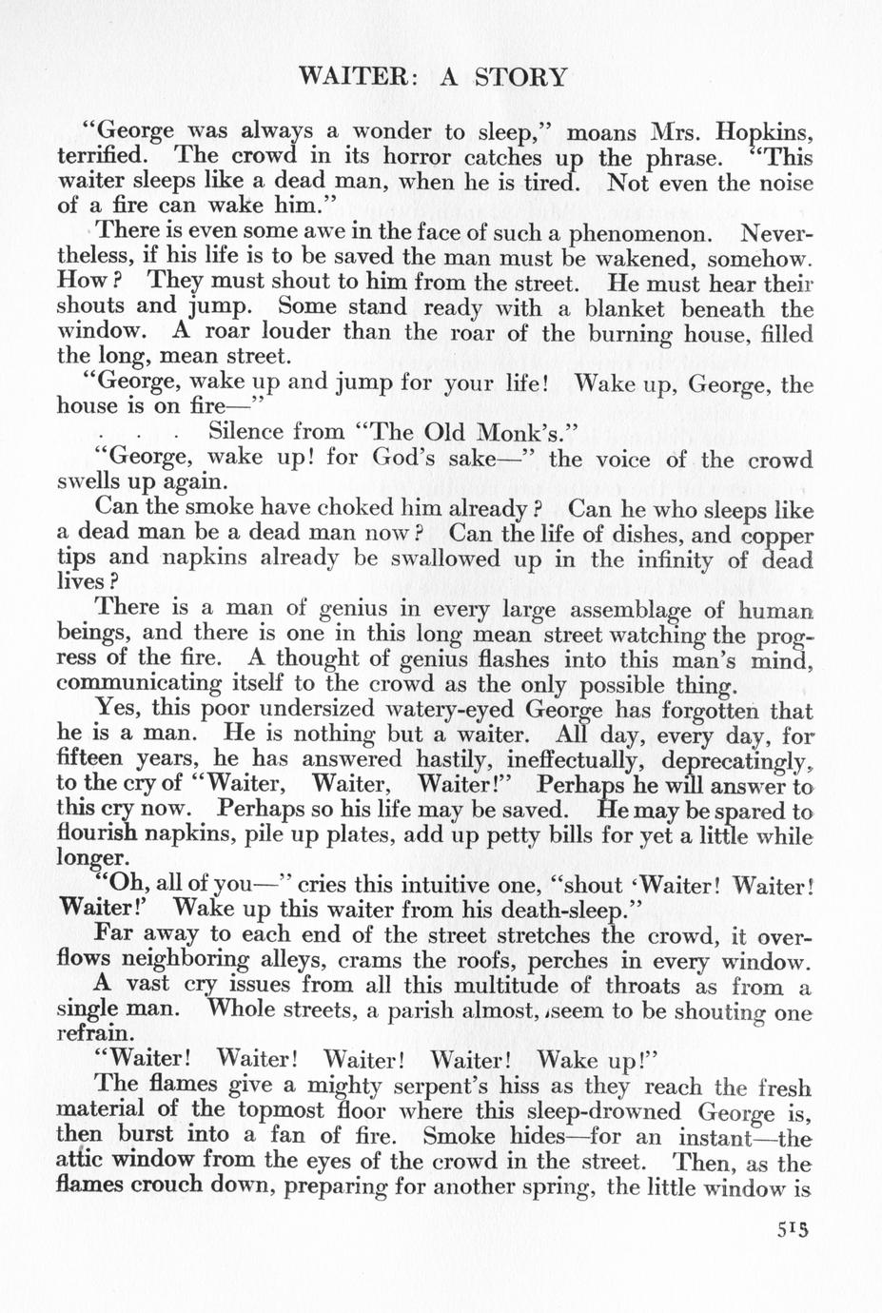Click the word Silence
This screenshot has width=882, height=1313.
coord(246,433)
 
